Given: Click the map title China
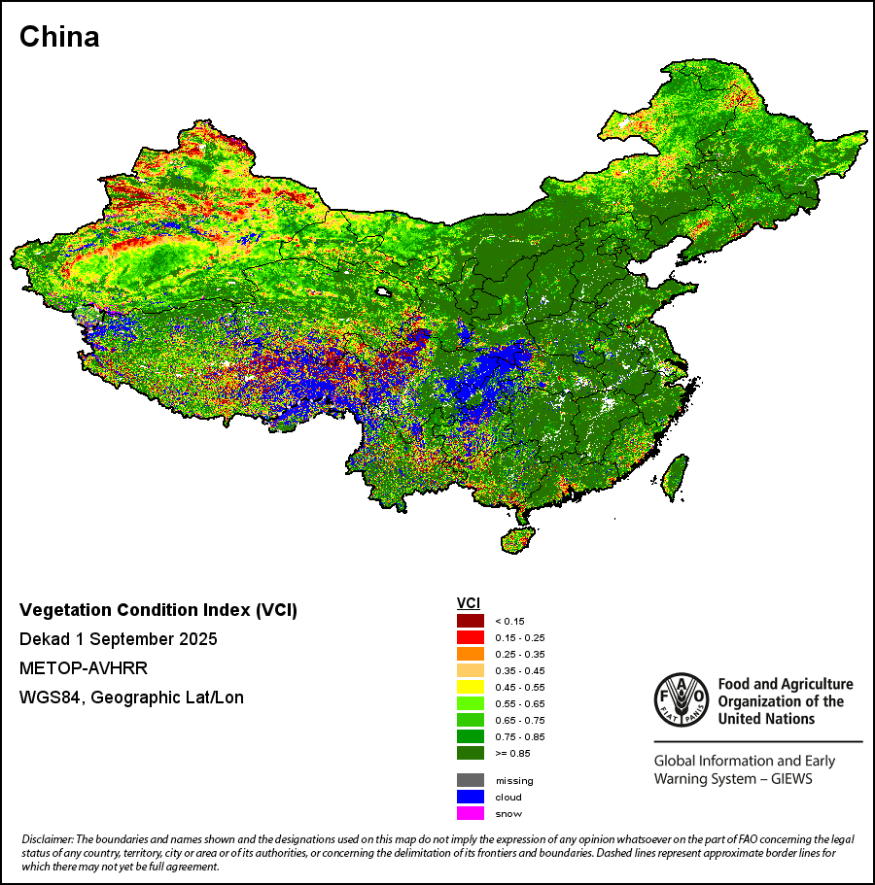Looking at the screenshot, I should point(59,37).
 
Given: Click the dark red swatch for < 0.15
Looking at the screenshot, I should point(471,621).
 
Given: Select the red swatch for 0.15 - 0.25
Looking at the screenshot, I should point(471,637).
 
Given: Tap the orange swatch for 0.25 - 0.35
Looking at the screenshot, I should point(471,654).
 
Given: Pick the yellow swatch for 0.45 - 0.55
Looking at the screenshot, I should point(471,687).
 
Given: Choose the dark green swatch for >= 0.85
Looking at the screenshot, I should point(471,753).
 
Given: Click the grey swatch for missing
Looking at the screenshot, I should point(471,780).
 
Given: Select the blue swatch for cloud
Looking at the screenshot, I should point(471,797).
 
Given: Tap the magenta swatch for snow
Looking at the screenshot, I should point(471,813).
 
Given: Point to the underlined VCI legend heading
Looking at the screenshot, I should point(468,603).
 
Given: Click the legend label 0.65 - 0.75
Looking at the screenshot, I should point(519,720).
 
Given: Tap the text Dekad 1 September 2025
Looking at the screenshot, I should point(118,639).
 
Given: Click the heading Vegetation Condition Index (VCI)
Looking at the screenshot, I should point(158,610).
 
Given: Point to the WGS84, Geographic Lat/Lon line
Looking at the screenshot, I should point(131,698).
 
